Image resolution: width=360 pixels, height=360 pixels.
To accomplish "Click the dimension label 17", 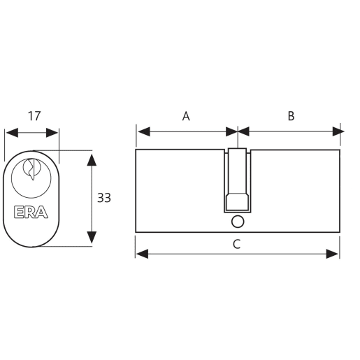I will [32, 116].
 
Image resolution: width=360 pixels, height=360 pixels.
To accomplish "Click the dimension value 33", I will [104, 198].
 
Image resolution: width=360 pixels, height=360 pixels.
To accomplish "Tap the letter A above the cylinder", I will [186, 116].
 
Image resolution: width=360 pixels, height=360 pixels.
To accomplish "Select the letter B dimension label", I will [291, 116].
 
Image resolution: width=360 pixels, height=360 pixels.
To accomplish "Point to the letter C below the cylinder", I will [237, 243].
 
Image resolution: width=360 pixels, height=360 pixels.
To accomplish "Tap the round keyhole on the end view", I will [31, 170].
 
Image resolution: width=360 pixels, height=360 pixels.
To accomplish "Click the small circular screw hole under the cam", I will [237, 222].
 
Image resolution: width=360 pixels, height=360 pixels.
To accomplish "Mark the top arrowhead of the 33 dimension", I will [91, 160].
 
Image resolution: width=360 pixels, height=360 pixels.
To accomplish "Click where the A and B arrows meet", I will [238, 131].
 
